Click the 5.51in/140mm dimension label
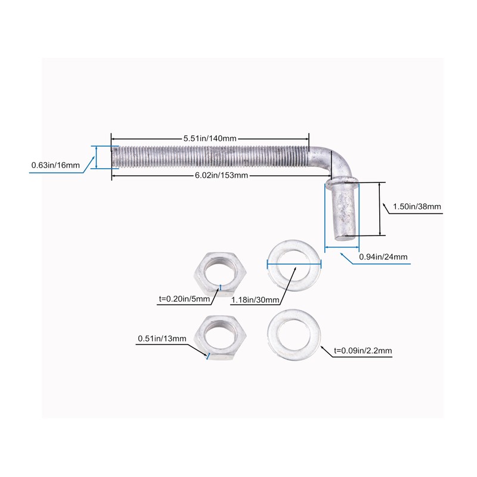(210, 138)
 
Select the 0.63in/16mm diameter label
(55, 165)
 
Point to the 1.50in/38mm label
(417, 207)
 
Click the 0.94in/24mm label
(383, 257)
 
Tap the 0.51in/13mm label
(162, 339)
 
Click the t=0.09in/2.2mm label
(363, 352)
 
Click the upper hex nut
(217, 271)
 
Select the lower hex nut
(218, 337)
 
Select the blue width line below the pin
(342, 246)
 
